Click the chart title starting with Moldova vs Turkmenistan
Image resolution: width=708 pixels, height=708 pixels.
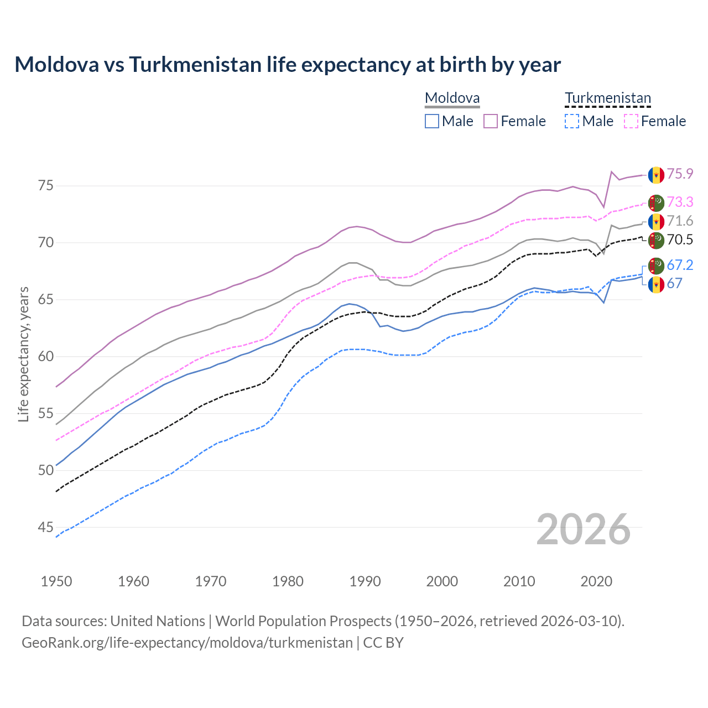pos(288,65)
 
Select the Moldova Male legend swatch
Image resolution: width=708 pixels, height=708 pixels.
pos(432,121)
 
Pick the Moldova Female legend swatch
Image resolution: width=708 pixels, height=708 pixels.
pos(491,121)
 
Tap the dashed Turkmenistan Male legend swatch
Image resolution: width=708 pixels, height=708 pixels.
pos(572,121)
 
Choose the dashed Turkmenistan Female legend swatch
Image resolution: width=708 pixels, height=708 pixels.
pos(631,121)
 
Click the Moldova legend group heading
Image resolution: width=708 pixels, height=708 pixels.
pos(452,98)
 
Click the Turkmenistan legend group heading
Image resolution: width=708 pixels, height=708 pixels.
pos(607,98)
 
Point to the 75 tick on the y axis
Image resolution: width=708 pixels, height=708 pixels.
pos(46,185)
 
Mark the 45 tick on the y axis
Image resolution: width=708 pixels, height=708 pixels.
pos(46,527)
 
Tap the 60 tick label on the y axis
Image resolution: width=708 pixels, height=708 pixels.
pos(46,356)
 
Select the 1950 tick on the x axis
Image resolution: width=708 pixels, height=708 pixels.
pos(56,581)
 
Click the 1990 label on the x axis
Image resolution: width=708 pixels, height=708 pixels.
pos(365,581)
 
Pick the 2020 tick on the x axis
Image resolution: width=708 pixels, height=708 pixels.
pos(596,581)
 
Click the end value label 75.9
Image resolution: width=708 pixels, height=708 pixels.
pos(680,174)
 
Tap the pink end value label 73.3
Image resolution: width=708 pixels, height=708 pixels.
pos(680,202)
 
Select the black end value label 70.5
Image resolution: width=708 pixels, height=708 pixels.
pos(680,240)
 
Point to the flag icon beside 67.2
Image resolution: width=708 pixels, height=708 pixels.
pos(656,265)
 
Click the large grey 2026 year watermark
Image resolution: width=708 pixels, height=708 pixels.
pos(583,529)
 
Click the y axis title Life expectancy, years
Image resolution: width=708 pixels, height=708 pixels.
pos(24,354)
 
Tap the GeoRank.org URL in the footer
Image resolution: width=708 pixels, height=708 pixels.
pos(187,643)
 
